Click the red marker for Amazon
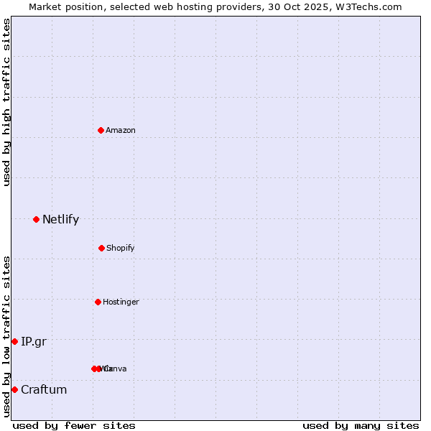pos(101,130)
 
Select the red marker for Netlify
pos(36,219)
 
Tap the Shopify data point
pos(101,248)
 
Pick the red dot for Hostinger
pos(98,302)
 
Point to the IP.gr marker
pos(14,341)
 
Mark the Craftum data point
pos(14,389)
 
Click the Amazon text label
pos(121,130)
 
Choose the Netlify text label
pos(60,219)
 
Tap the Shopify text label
pos(121,248)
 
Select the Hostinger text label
pos(121,302)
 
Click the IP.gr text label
pos(34,341)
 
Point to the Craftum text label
pos(44,389)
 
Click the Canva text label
pos(115,369)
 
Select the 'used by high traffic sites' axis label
pos(6,102)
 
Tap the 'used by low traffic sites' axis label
pos(6,336)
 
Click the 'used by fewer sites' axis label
pos(74,425)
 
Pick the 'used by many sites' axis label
pos(361,425)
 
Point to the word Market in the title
pos(45,6)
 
